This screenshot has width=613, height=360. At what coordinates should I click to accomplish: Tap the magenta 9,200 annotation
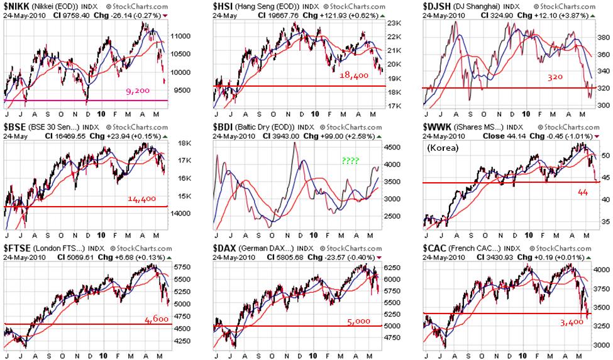[x=137, y=91]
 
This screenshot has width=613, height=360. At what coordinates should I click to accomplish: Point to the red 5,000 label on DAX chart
[x=358, y=322]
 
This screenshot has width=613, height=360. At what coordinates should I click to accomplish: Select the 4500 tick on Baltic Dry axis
[x=393, y=147]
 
